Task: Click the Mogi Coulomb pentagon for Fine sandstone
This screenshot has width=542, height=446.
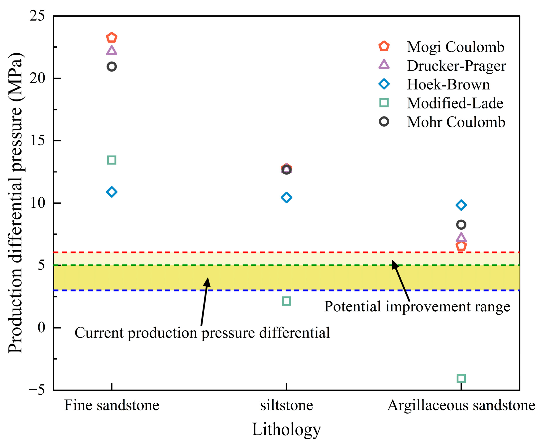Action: [x=111, y=38]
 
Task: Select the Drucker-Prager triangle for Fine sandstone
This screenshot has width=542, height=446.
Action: [x=111, y=51]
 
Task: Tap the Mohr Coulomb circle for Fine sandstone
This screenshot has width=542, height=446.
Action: [x=111, y=67]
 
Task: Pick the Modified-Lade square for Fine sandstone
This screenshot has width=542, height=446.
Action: [x=111, y=160]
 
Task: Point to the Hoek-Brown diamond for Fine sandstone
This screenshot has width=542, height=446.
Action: [x=111, y=192]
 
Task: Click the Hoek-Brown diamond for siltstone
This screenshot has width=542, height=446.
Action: [x=286, y=197]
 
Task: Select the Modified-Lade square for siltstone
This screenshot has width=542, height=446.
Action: [x=286, y=301]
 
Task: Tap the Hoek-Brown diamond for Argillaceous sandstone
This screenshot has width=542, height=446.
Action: [x=461, y=205]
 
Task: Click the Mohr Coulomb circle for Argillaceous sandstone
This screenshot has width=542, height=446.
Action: [x=461, y=225]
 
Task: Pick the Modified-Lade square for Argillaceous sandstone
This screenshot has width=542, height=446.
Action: [x=461, y=378]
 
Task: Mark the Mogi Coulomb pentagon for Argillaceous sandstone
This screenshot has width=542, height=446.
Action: [x=461, y=246]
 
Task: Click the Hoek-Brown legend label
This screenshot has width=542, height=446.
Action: [x=448, y=85]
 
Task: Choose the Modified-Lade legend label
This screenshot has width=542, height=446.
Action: [x=455, y=103]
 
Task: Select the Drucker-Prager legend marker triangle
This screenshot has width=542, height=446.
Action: [x=384, y=65]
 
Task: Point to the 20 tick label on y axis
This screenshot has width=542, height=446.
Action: [x=37, y=78]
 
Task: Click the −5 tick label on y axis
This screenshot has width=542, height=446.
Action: [x=36, y=390]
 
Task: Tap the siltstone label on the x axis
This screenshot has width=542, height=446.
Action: [x=286, y=406]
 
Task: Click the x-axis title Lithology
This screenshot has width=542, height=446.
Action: [x=286, y=430]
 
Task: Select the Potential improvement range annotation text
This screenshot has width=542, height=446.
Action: [x=417, y=306]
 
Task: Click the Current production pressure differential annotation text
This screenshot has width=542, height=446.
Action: [x=202, y=333]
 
